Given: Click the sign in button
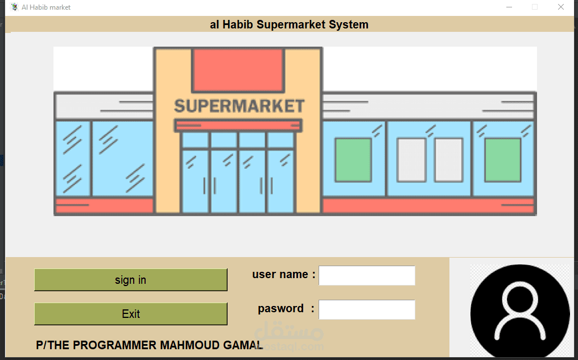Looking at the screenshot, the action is [130, 280].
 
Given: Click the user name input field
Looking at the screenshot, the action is [367, 275].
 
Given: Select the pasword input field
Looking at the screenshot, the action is [367, 309].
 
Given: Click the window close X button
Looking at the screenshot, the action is [561, 7].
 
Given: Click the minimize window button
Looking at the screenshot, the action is [509, 7].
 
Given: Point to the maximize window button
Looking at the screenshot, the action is [535, 7].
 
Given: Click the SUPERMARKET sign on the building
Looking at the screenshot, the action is [240, 106].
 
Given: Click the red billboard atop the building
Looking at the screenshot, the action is [238, 71].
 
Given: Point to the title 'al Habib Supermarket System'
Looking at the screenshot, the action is [289, 24].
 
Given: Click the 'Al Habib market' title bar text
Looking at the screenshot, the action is [46, 7].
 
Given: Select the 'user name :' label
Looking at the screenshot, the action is [283, 275].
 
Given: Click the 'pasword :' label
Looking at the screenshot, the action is [286, 308].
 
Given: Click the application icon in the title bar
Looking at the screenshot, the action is [14, 7].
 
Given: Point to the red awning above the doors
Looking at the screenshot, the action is [238, 125].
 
